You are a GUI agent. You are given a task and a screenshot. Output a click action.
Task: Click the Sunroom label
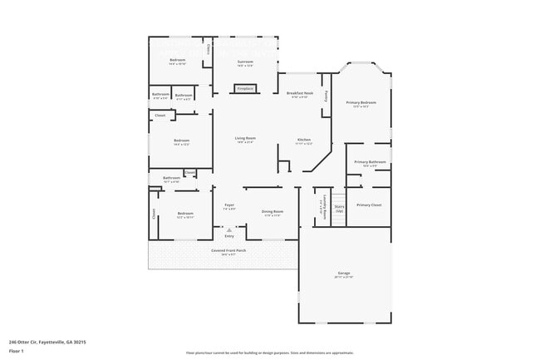tap(245, 62)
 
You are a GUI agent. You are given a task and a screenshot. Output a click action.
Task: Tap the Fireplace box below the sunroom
tap(245, 87)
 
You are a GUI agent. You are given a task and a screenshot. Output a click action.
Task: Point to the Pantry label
tap(326, 96)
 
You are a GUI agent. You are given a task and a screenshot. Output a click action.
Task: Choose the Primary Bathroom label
tap(370, 162)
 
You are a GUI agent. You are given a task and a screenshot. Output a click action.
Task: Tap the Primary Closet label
tap(369, 205)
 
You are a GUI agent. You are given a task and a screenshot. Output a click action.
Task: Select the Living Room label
tap(244, 139)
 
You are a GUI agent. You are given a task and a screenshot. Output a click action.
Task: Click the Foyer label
tap(229, 205)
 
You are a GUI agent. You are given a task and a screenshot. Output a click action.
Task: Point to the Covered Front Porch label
tap(228, 251)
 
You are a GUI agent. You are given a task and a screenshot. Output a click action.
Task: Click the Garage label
tap(343, 274)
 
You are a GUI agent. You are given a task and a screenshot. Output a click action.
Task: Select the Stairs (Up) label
tap(339, 208)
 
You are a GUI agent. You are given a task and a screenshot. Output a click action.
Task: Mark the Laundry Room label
tap(321, 209)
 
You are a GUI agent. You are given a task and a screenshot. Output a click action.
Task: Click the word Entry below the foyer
tap(229, 235)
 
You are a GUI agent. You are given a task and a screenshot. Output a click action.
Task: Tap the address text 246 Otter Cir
tap(47, 342)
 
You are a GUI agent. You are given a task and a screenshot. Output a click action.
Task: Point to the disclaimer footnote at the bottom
tap(270, 353)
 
